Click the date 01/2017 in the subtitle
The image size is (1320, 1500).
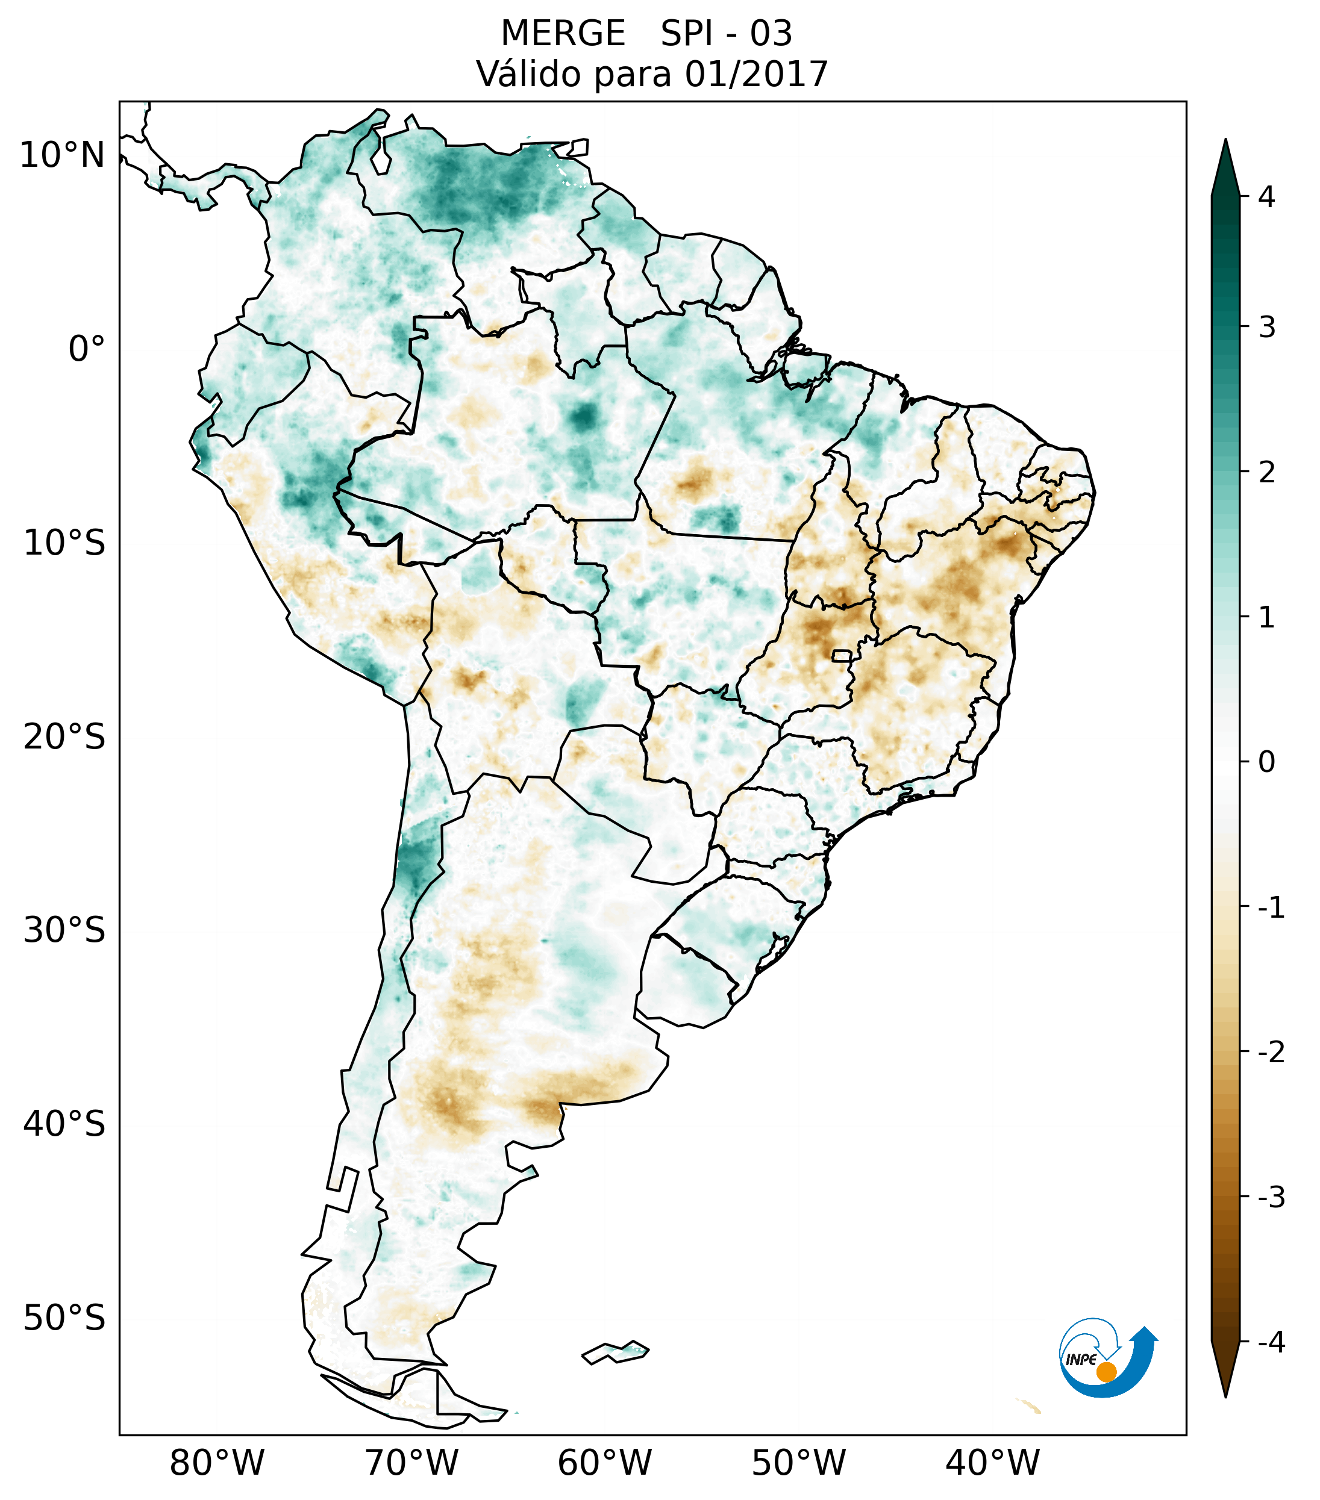point(756,74)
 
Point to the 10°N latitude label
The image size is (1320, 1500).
point(63,155)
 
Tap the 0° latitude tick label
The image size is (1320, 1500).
point(87,349)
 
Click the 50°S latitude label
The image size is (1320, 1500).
point(64,1318)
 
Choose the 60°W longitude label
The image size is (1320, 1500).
point(604,1463)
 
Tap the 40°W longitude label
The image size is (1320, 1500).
point(993,1463)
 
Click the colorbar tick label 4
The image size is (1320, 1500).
point(1266,197)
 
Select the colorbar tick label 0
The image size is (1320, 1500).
point(1266,762)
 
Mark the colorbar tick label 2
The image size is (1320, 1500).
point(1266,473)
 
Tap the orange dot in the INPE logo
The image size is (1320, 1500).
point(1106,1372)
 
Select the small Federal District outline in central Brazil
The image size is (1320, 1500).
point(841,655)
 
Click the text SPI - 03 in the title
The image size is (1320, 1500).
point(726,34)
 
